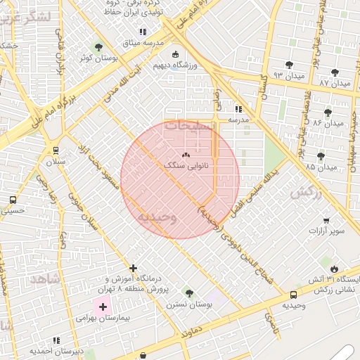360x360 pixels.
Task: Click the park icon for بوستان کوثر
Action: click(98, 47)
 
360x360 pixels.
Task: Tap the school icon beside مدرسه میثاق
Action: click(143, 32)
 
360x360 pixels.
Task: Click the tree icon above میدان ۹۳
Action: click(289, 65)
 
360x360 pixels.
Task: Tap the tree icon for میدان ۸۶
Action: click(328, 112)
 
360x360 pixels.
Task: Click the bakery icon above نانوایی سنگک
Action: click(186, 155)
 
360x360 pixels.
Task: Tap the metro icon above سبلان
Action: click(56, 150)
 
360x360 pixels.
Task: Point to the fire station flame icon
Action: click(333, 269)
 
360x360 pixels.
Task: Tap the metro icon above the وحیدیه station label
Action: click(293, 295)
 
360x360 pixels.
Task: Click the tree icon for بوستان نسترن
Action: click(188, 292)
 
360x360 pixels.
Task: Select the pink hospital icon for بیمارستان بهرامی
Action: click(103, 307)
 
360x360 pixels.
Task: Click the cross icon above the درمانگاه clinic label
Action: click(133, 268)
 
